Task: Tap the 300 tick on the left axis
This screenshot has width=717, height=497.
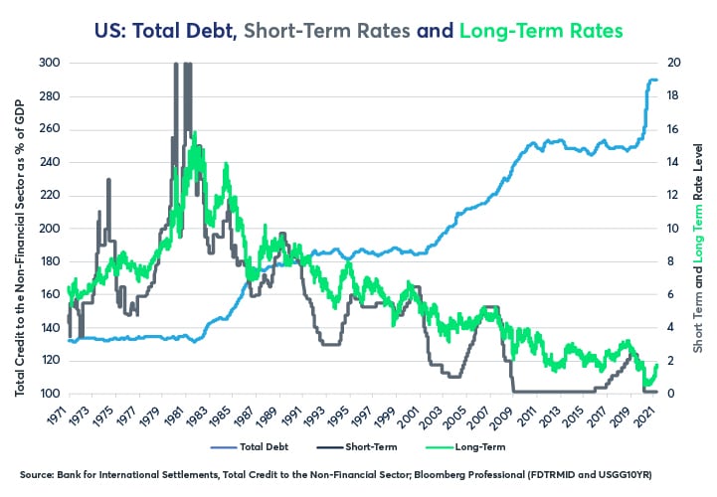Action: point(50,63)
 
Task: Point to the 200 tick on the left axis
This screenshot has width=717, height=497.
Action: point(50,229)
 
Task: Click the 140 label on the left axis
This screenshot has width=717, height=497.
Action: point(50,328)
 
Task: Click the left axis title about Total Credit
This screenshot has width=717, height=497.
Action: point(20,229)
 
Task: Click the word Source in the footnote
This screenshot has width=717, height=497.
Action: point(38,474)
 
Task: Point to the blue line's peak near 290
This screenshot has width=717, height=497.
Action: point(653,80)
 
